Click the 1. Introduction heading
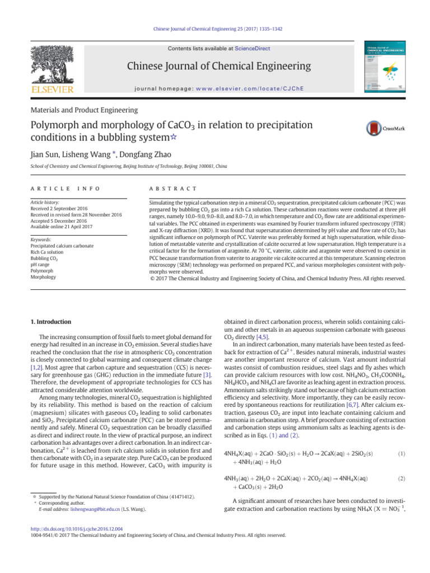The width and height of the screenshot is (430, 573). click(50, 322)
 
